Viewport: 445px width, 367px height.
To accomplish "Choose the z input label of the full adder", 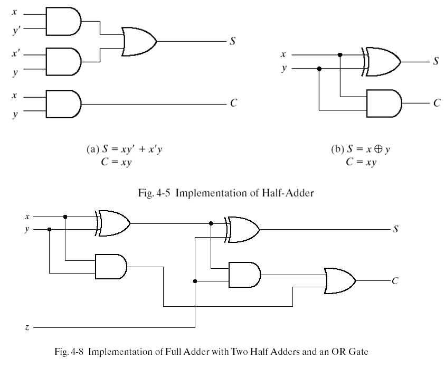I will pos(27,327).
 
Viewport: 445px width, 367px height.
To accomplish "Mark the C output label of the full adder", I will pos(395,281).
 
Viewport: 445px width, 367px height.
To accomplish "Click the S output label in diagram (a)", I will pos(232,41).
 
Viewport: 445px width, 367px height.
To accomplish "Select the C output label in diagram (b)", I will pos(437,102).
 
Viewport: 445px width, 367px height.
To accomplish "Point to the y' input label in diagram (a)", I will pos(16,30).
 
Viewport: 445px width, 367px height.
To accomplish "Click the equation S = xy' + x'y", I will pos(132,149).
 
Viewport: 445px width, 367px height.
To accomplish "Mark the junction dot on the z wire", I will pos(195,281).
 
